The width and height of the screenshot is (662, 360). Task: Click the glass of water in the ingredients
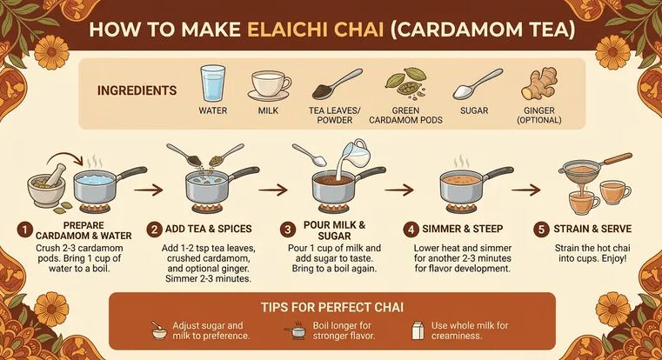pyautogui.click(x=212, y=83)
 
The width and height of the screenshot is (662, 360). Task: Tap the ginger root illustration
pyautogui.click(x=538, y=84)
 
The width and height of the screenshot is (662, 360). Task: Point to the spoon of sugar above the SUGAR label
pyautogui.click(x=478, y=85)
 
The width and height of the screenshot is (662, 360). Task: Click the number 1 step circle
pyautogui.click(x=25, y=230)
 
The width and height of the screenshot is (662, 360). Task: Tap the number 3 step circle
pyautogui.click(x=288, y=230)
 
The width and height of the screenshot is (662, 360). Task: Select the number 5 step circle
pyautogui.click(x=541, y=230)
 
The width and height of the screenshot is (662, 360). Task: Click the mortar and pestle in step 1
pyautogui.click(x=46, y=185)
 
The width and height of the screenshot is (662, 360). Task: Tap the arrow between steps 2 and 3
pyautogui.click(x=273, y=190)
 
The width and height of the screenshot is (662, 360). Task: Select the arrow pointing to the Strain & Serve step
pyautogui.click(x=526, y=190)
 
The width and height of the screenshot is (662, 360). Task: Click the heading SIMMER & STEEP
pyautogui.click(x=462, y=230)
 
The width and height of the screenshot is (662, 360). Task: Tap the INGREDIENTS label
pyautogui.click(x=137, y=90)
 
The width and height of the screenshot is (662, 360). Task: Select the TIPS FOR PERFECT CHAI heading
pyautogui.click(x=331, y=307)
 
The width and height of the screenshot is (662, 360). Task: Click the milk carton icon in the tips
pyautogui.click(x=418, y=330)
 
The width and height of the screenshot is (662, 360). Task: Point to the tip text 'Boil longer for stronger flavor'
pyautogui.click(x=344, y=331)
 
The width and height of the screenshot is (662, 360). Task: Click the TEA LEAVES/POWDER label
pyautogui.click(x=334, y=115)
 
